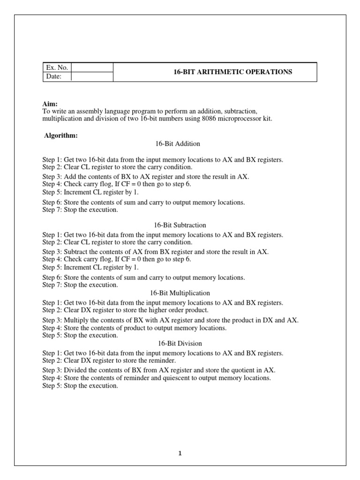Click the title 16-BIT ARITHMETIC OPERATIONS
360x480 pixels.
click(232, 72)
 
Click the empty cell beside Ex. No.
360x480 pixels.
click(92, 67)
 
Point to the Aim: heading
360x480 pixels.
click(49, 104)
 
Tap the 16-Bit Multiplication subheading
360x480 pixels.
click(180, 292)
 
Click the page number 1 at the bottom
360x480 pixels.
click(180, 453)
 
